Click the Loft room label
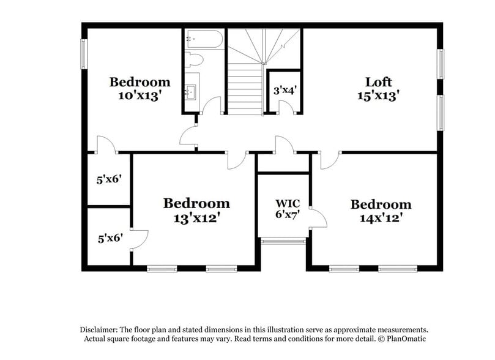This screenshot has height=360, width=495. pyautogui.click(x=378, y=82)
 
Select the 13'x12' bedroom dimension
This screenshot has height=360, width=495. pyautogui.click(x=196, y=216)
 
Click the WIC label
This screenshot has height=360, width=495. pyautogui.click(x=286, y=203)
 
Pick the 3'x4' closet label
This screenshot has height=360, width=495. pyautogui.click(x=285, y=91)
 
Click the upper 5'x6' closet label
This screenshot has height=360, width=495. pyautogui.click(x=110, y=179)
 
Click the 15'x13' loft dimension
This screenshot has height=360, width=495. pyautogui.click(x=378, y=96)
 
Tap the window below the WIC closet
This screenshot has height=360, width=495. pyautogui.click(x=283, y=241)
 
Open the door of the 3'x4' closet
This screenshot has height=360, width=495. pyautogui.click(x=285, y=108)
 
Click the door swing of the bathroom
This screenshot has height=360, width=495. pyautogui.click(x=212, y=105)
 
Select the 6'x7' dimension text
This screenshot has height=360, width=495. pyautogui.click(x=286, y=214)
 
